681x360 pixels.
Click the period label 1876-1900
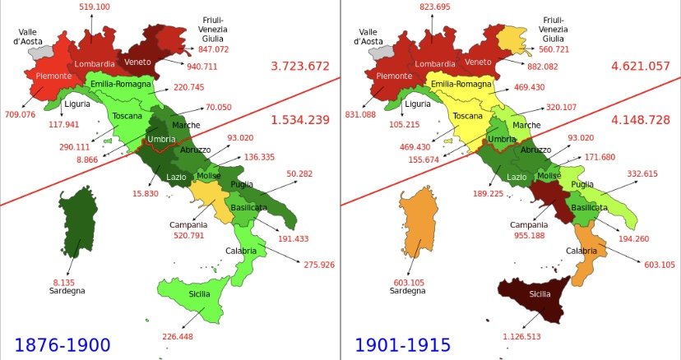tap(63, 344)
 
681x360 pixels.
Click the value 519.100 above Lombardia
tap(95, 7)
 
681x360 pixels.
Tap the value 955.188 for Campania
tap(530, 234)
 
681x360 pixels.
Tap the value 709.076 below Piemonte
tap(20, 114)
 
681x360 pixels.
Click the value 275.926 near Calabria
tap(318, 265)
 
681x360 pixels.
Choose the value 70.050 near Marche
tap(218, 107)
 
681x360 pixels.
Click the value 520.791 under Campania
tap(188, 234)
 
